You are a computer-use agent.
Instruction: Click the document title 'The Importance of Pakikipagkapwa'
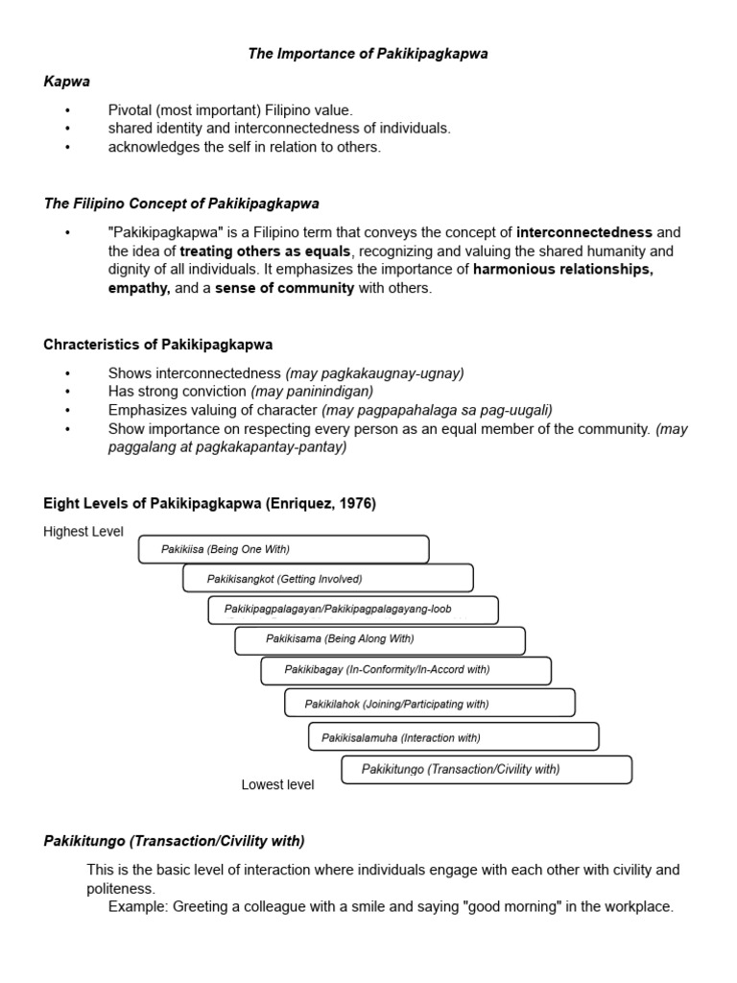coord(368,54)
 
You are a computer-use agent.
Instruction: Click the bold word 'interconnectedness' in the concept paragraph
coord(584,232)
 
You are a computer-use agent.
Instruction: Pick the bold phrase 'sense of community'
coord(284,288)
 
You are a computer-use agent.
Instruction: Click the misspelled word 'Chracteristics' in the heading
coord(88,345)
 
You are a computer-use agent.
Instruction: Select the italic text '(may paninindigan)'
coord(312,392)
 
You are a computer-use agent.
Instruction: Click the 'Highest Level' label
coord(83,532)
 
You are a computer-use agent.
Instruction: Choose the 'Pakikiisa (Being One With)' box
coord(283,549)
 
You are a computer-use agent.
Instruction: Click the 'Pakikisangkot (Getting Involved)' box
coord(327,579)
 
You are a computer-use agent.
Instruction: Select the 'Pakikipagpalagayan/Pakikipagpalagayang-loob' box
coord(353,610)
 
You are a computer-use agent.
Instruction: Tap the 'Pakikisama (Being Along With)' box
coord(379,639)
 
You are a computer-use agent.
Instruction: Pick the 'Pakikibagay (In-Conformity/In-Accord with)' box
coord(405,670)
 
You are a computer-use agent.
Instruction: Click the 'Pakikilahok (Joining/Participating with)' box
coord(430,704)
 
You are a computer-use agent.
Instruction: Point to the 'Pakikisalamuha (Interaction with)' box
coord(453,737)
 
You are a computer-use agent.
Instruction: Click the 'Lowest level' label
coord(277,784)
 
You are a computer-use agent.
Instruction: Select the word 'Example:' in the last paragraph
coord(138,906)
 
